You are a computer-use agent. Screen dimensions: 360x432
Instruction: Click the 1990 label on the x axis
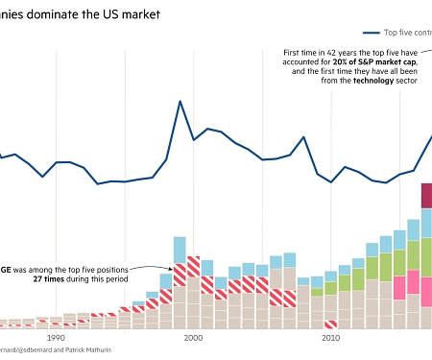56,338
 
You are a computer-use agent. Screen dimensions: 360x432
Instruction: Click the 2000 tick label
193,338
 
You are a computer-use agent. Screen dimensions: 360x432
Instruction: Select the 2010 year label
331,338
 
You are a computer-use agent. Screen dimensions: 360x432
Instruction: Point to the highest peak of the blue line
180,101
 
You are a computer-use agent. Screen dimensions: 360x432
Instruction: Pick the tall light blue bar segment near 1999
180,251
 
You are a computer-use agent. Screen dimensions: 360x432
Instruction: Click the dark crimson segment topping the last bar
426,195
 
